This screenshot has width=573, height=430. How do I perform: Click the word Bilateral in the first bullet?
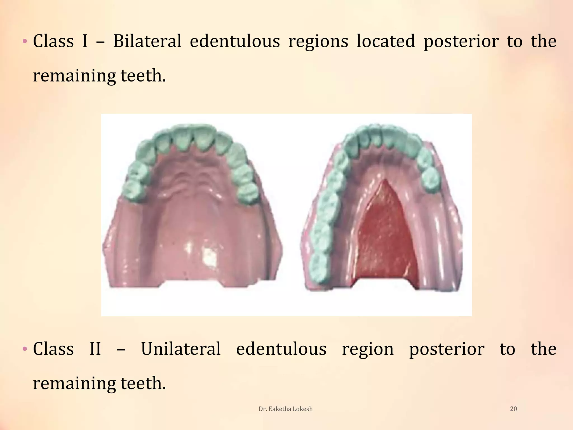coord(147,41)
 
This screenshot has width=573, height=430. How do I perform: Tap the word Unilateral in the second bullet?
coord(181,349)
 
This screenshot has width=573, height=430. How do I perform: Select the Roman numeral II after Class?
coord(95,349)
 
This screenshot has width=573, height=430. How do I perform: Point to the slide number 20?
coord(513,409)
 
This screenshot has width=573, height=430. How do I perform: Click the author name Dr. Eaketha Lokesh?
coord(285,409)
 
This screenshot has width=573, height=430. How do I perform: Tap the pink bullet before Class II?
coord(25,349)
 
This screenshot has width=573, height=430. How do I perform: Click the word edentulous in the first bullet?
coord(235,41)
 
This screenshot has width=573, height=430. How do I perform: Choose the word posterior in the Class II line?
coord(447,349)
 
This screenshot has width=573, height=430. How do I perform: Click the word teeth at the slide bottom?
coord(143,383)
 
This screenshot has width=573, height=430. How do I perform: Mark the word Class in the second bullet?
coord(53,349)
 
